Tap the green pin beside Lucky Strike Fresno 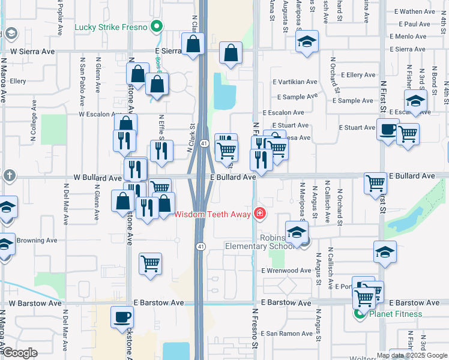pos(157,26)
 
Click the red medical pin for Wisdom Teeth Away pos(260,214)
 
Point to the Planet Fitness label pos(396,314)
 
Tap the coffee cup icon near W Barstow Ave pos(122,317)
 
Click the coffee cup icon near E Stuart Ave pos(388,128)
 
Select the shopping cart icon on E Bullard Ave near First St pos(375,182)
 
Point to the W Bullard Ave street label pos(97,178)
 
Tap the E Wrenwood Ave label pos(286,271)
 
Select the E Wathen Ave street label pos(414,11)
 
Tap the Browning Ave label pos(35,241)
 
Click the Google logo pos(20,353)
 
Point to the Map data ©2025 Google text pos(411,355)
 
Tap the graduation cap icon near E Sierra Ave pos(307,42)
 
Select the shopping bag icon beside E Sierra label pos(193,44)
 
